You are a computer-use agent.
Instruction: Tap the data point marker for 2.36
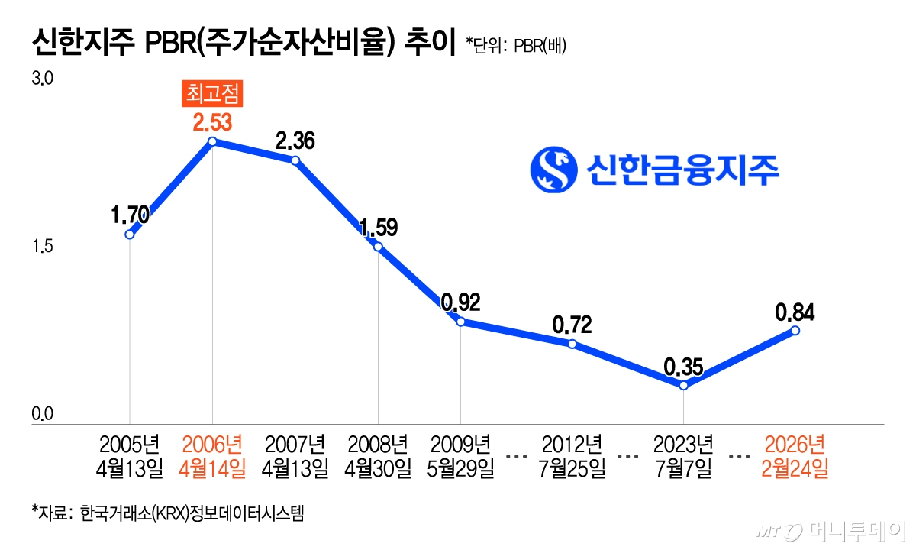[295, 160]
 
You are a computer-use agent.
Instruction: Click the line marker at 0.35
[683, 385]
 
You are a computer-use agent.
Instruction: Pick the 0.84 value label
[795, 312]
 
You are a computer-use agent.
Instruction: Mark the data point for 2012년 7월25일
[572, 344]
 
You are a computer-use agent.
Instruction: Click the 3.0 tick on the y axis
[40, 79]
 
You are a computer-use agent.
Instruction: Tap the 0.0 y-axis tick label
[40, 415]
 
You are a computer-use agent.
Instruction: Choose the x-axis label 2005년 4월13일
[130, 456]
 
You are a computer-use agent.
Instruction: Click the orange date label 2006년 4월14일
[212, 456]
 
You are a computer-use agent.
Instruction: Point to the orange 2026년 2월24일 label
[795, 456]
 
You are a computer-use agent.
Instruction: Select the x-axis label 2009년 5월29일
[461, 456]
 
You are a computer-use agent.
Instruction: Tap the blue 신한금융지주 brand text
[683, 170]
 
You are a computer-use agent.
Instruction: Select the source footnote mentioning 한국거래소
[168, 512]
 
